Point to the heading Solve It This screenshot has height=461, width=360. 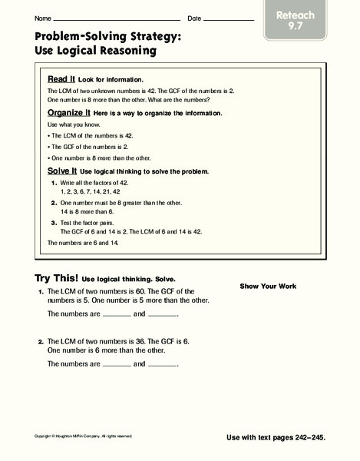pos(61,171)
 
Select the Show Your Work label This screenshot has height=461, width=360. pos(268,286)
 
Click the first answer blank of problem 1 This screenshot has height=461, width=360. pos(117,316)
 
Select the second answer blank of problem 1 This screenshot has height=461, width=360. pos(162,316)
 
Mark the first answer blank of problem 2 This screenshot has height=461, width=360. pos(117,364)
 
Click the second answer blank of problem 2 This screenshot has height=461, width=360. pos(162,364)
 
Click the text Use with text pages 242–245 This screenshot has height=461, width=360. pos(276,436)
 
